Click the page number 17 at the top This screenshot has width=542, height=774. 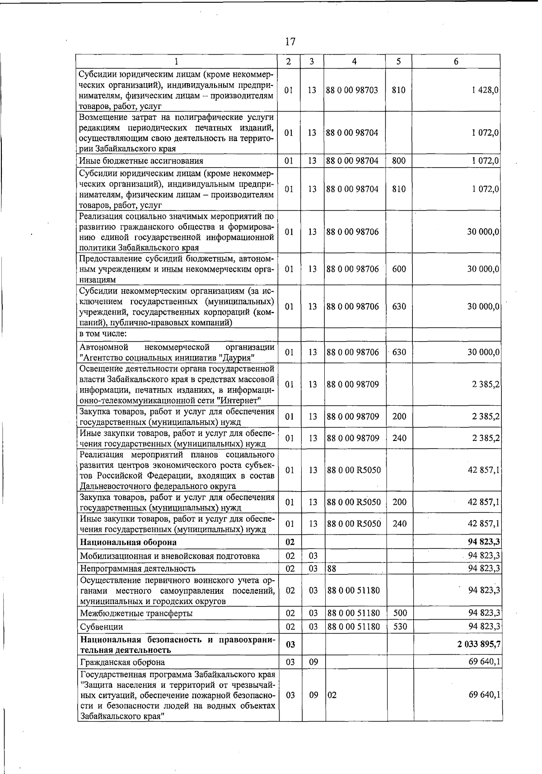pyautogui.click(x=290, y=42)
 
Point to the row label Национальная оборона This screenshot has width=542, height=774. pyautogui.click(x=128, y=542)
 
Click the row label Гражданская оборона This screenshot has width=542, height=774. pyautogui.click(x=122, y=662)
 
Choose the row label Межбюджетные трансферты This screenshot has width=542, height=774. pyautogui.click(x=136, y=614)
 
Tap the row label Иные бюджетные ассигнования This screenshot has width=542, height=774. pyautogui.click(x=141, y=161)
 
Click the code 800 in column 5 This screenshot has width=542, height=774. pyautogui.click(x=399, y=160)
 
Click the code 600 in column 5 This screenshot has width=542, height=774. pyautogui.click(x=399, y=269)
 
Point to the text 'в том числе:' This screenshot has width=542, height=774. pyautogui.click(x=103, y=334)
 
